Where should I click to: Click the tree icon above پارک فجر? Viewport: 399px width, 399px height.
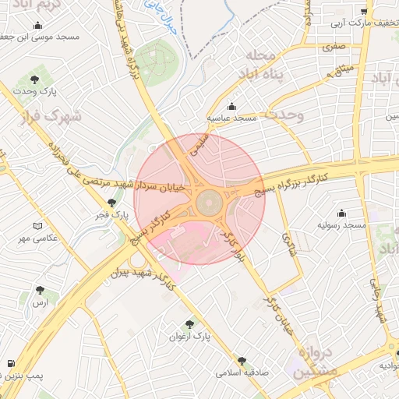click(111, 203)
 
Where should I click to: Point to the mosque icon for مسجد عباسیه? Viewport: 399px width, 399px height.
click(231, 107)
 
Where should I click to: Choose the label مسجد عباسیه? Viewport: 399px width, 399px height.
click(231, 118)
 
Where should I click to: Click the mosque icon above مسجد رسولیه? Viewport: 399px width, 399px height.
click(341, 213)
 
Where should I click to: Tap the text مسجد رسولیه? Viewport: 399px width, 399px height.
click(341, 224)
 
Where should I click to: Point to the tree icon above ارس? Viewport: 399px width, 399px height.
click(39, 290)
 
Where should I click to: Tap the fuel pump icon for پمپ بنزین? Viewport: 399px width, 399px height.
click(10, 364)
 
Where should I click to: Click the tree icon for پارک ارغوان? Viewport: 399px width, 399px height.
click(190, 323)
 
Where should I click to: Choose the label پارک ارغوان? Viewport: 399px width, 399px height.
click(191, 336)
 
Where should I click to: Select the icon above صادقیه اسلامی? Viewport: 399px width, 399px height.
click(242, 361)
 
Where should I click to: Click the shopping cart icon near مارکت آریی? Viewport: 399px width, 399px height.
click(364, 11)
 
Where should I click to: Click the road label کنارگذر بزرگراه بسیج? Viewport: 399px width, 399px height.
click(295, 179)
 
